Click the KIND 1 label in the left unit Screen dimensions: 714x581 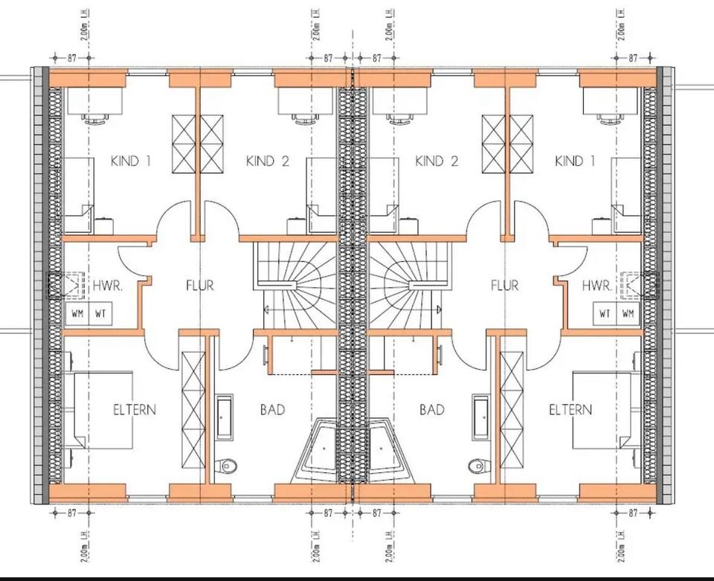pos(130,161)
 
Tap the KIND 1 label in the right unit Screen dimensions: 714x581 pos(575,161)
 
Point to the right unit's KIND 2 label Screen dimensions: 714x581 pos(437,161)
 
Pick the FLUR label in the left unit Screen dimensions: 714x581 pos(199,285)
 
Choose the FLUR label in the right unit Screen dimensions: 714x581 pos(504,285)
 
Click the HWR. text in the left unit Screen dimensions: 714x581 pos(107,285)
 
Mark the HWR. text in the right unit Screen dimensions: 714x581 pos(597,285)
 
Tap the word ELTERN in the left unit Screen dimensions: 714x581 pos(135,409)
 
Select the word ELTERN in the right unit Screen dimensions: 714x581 pos(570,409)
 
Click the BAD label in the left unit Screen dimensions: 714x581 pos(272,409)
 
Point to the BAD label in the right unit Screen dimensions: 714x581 pos(432,409)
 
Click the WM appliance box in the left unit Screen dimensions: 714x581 pos(77,314)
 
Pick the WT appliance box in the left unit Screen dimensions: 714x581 pos(99,314)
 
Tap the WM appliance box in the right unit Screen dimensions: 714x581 pos(628,314)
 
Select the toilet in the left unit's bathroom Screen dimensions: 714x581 pos(228,466)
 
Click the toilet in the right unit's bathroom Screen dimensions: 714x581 pos(477,466)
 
